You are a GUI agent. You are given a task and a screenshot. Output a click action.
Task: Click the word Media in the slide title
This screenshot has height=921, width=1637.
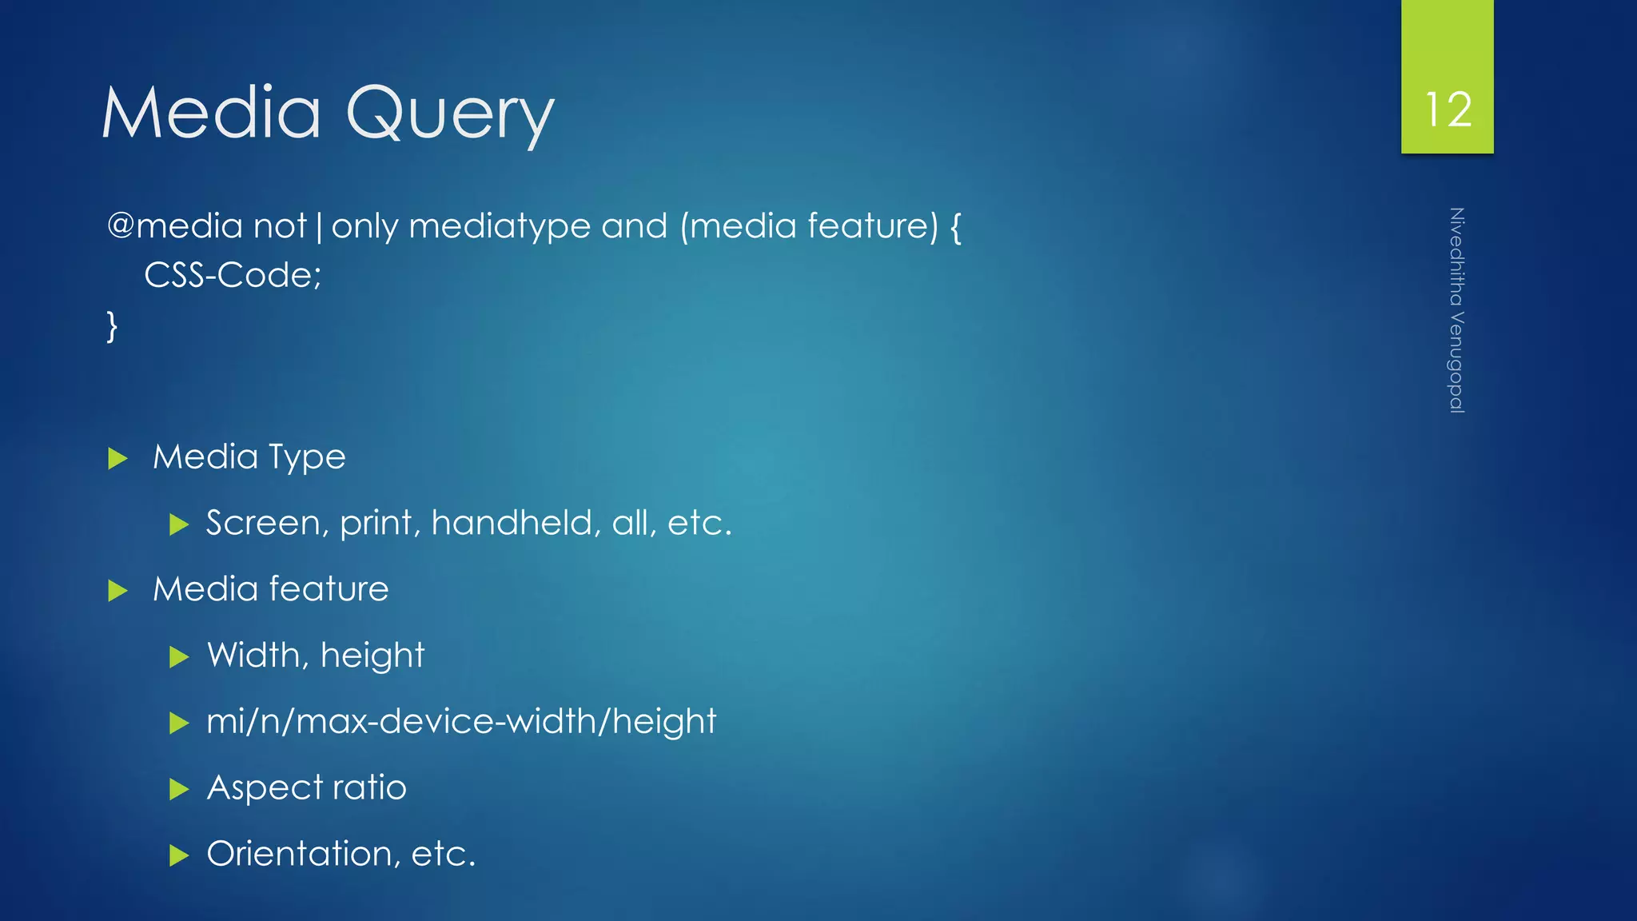point(211,113)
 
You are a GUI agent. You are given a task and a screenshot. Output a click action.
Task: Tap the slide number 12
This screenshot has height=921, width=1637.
point(1448,110)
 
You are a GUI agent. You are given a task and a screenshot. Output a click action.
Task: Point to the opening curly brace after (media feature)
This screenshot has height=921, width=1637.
point(955,227)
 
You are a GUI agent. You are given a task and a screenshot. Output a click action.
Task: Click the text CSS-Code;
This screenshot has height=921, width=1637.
point(233,275)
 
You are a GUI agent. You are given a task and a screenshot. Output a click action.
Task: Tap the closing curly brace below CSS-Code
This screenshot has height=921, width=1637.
point(112,326)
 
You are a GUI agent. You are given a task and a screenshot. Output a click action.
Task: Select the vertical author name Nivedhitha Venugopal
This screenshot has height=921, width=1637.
point(1456,310)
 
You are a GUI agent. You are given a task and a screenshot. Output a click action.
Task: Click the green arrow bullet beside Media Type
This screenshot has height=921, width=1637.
point(117,458)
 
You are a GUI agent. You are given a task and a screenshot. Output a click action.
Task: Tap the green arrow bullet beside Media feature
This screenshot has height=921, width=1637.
point(117,591)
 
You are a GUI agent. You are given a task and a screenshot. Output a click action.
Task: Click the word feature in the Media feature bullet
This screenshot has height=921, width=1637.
point(329,589)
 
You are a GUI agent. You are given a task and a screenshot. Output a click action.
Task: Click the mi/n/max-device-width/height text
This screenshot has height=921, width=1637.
point(461,721)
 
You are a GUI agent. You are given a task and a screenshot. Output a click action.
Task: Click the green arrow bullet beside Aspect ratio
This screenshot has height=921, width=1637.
point(179,790)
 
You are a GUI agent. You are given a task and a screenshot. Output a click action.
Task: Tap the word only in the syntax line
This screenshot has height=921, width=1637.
point(364,227)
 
